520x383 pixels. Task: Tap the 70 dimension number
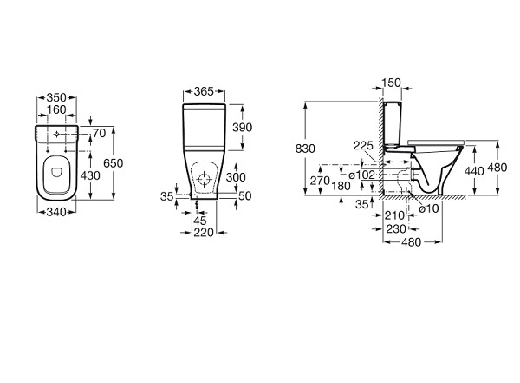click(x=98, y=133)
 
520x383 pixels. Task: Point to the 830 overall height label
click(x=305, y=149)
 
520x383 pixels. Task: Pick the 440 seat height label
click(x=473, y=172)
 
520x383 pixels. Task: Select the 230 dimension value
click(x=395, y=229)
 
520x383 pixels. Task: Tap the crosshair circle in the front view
click(x=205, y=180)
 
